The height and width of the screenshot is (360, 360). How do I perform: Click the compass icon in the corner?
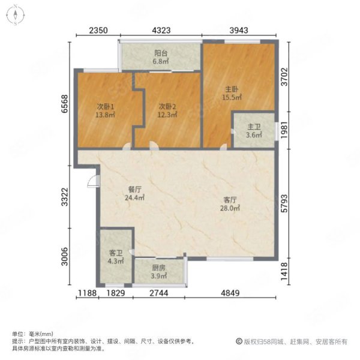[x=16, y=15]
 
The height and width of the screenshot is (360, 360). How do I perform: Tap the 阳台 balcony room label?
[x=161, y=53]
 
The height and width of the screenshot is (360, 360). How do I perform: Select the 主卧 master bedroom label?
[x=232, y=89]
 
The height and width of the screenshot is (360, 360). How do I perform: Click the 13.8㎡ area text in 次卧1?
[x=105, y=115]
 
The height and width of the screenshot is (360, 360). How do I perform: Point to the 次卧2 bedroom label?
[x=167, y=107]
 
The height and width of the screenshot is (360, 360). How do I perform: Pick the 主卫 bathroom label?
[x=254, y=127]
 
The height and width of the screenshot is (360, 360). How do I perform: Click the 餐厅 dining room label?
[x=134, y=190]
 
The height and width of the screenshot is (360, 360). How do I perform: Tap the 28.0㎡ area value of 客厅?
[x=230, y=208]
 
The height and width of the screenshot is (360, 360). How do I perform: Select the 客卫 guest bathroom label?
[x=116, y=253]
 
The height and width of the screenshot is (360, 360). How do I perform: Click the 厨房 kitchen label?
[x=158, y=268]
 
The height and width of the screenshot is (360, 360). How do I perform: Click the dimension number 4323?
[x=161, y=30]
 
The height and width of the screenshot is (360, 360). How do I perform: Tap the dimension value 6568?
[x=65, y=104]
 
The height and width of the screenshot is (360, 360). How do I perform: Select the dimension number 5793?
[x=284, y=203]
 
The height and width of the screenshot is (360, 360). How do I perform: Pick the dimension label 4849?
[x=230, y=293]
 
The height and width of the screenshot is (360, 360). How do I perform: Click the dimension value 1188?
[x=87, y=293]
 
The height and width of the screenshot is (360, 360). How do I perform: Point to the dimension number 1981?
[x=284, y=130]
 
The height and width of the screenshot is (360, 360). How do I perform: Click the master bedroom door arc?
[x=223, y=147]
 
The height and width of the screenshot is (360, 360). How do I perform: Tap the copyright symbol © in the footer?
[x=239, y=341]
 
